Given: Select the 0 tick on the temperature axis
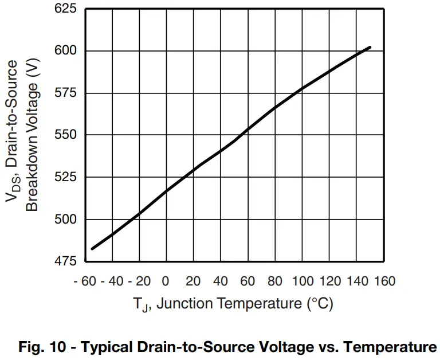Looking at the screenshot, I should tap(165, 281).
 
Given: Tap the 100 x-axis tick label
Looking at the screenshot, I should tap(302, 281).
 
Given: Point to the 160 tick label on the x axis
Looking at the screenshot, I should tap(385, 281).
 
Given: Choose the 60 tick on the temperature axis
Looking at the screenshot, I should tap(249, 281).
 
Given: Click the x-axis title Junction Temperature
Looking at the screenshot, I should tap(243, 304).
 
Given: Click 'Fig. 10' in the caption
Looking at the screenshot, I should tap(39, 347).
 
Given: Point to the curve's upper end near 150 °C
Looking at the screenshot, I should tap(371, 48).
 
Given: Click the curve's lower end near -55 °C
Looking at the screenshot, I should tap(92, 248).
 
